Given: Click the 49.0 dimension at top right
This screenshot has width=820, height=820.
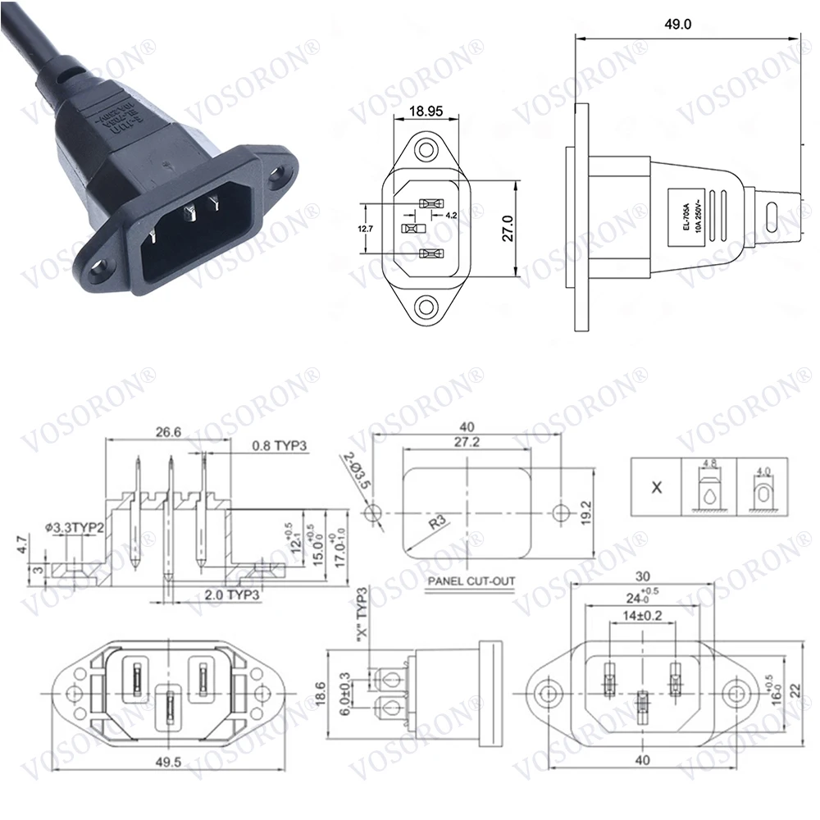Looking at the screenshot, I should [678, 25].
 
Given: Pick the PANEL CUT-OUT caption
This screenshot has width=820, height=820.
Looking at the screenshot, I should [471, 581].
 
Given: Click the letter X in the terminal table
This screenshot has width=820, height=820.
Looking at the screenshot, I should [656, 487].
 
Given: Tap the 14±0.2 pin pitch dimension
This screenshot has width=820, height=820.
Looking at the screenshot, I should [640, 614].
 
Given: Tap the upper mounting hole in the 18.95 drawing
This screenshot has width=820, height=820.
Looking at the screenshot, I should [426, 150].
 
